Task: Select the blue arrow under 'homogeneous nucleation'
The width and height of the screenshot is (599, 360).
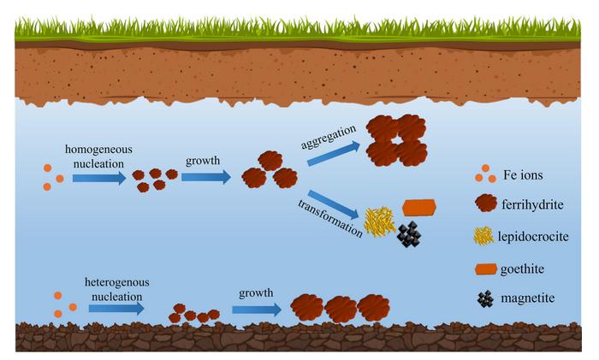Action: [98, 178]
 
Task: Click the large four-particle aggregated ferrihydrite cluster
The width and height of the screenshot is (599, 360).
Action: [397, 140]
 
